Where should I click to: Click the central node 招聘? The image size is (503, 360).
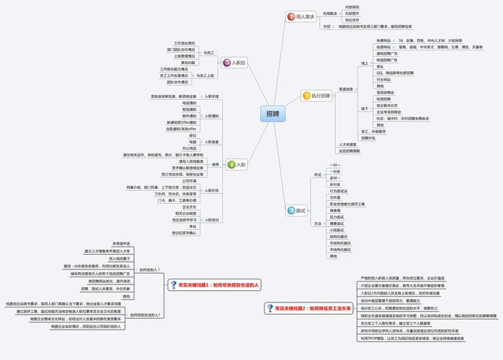tap(272, 114)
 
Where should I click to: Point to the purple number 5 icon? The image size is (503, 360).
tap(226, 63)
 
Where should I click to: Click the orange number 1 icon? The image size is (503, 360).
tap(290, 16)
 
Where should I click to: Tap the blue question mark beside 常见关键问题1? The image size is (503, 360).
tap(173, 285)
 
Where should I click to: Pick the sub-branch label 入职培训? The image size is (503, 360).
tap(211, 220)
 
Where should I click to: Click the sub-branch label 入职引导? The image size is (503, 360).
tap(211, 190)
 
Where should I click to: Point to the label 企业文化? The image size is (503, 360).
tap(189, 207)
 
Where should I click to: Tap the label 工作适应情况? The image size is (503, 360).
tap(184, 42)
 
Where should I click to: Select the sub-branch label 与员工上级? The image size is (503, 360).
tap(205, 75)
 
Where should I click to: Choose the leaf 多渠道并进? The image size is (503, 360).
tap(121, 243)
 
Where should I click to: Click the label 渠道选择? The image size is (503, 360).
tap(346, 89)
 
